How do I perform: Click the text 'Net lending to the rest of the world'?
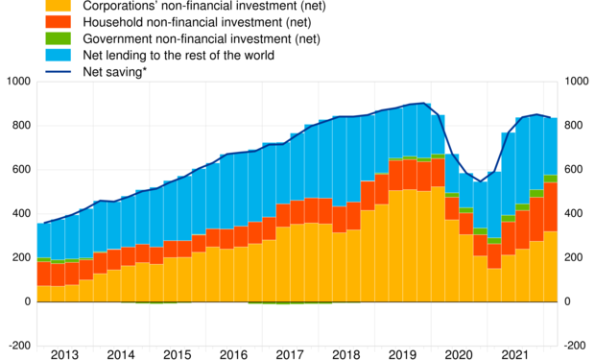[179, 56]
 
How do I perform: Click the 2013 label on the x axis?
[64, 354]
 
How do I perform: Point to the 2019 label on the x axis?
[400, 354]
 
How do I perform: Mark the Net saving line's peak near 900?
[424, 104]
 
